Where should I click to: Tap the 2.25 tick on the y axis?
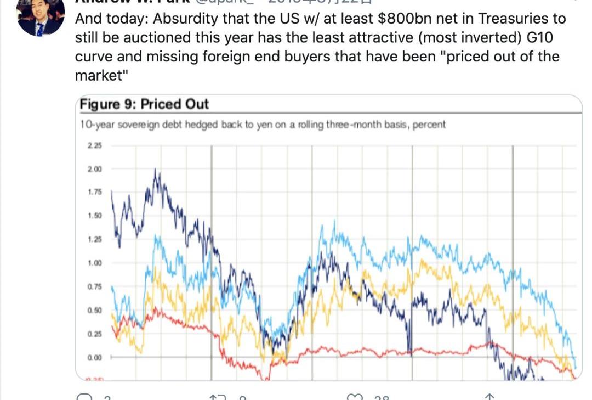[94, 145]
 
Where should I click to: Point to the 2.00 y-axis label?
[94, 169]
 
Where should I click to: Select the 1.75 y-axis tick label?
[94, 192]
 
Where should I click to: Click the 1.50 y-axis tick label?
[94, 216]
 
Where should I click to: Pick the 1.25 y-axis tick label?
[94, 239]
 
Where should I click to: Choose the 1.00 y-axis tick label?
[94, 263]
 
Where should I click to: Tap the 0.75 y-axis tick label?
[94, 286]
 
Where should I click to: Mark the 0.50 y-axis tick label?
[94, 310]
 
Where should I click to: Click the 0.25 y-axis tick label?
[94, 334]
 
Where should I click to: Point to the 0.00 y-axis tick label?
[94, 357]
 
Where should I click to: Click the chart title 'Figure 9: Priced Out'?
[144, 104]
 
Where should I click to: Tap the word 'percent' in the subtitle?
[429, 125]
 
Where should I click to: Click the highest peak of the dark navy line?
[156, 171]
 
